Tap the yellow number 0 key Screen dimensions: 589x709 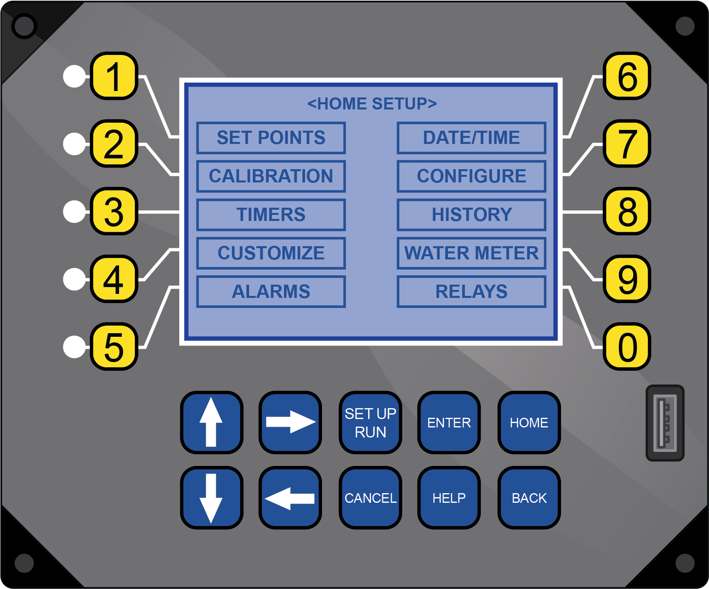627,347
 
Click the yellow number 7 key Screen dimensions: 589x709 627,144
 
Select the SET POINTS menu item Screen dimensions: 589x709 271,138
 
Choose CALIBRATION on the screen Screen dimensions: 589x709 271,176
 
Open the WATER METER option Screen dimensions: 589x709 471,253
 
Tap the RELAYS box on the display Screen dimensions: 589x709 471,291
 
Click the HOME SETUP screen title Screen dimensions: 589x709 372,104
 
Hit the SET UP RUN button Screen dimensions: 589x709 370,423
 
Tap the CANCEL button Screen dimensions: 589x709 370,498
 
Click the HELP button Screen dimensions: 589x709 449,498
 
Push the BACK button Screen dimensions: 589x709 529,498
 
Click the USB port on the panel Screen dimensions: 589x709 665,423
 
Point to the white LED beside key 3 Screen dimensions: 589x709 75,211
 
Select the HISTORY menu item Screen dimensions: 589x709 471,215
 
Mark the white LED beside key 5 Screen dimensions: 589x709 75,347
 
